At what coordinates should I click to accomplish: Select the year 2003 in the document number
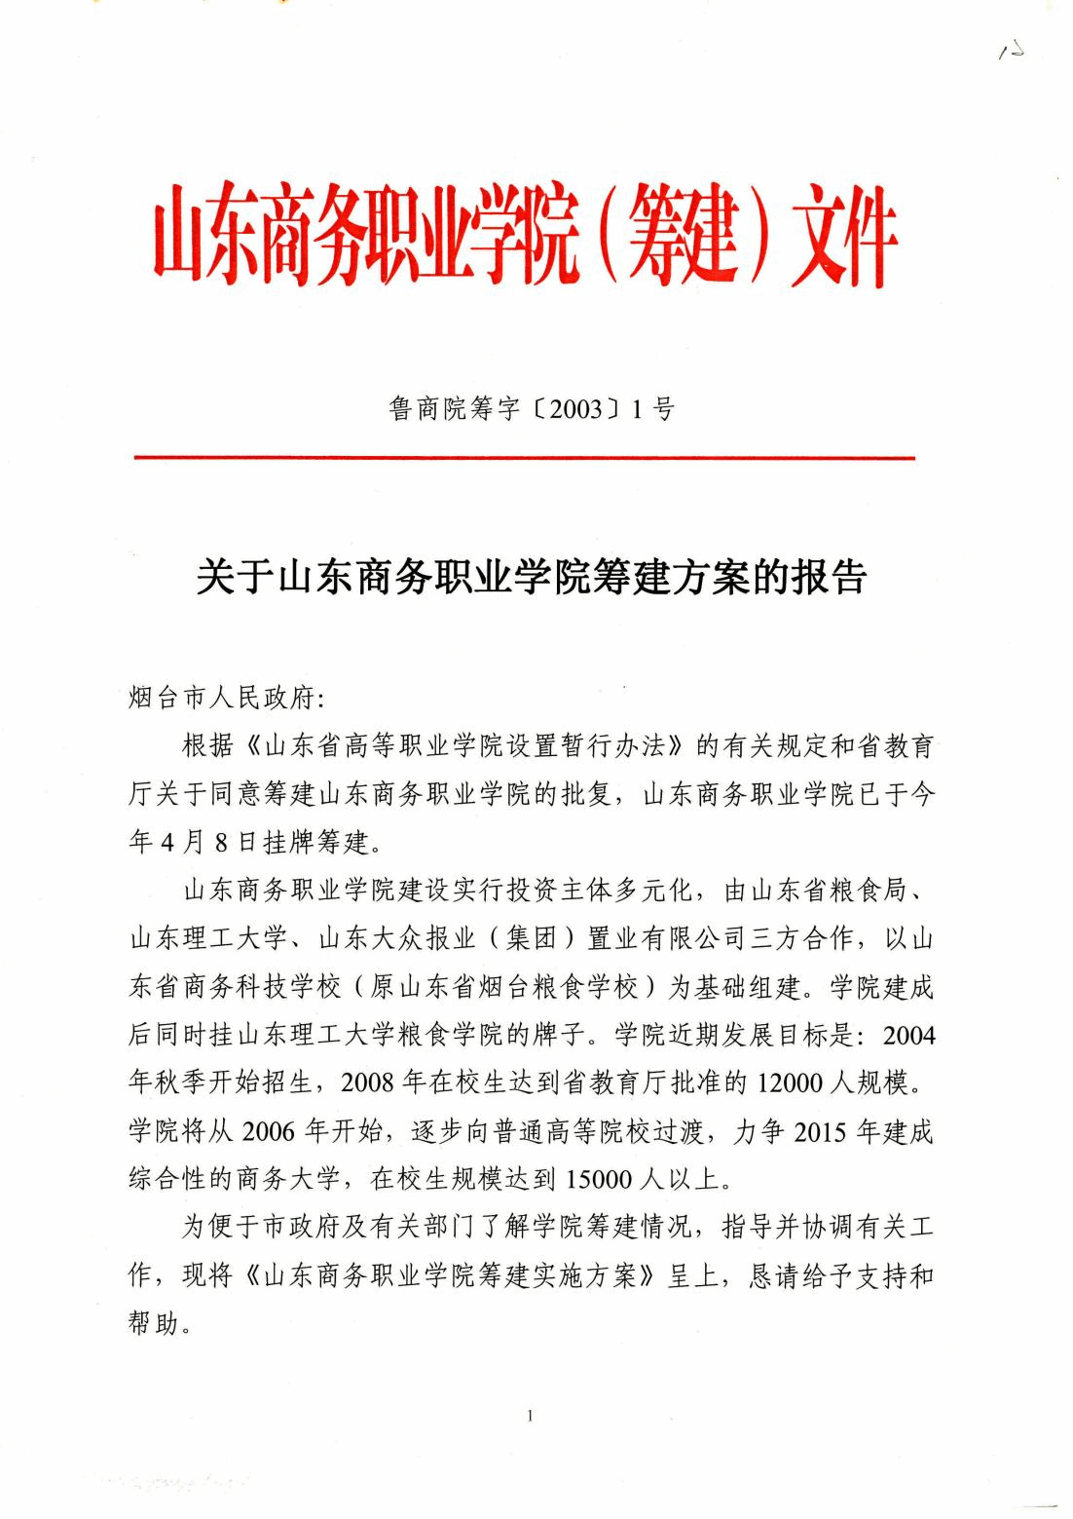coord(576,410)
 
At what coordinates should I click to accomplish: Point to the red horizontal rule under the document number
coord(524,457)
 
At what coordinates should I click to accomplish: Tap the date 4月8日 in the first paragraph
coord(207,842)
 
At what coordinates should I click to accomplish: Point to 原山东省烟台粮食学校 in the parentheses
coord(502,986)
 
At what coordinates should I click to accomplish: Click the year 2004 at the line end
coord(908,1035)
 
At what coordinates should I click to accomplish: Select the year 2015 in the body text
coord(821,1131)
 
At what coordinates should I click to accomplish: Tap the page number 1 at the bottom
coord(530,1415)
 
